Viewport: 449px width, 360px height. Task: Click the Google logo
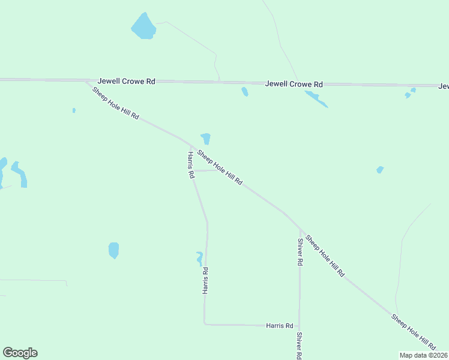pyautogui.click(x=20, y=353)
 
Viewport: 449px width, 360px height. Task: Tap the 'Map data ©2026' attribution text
pyautogui.click(x=423, y=355)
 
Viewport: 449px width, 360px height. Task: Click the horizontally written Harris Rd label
pyautogui.click(x=279, y=325)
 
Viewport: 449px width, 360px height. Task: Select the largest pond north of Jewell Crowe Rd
pyautogui.click(x=143, y=26)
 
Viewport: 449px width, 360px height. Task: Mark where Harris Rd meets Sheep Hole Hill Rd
pyautogui.click(x=191, y=146)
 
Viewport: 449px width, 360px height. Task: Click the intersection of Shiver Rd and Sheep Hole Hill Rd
pyautogui.click(x=300, y=229)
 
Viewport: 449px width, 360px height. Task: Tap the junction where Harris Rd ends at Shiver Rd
pyautogui.click(x=300, y=325)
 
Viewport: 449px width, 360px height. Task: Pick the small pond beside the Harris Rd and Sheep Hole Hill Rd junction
pyautogui.click(x=206, y=139)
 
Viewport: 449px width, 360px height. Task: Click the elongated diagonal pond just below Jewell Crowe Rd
pyautogui.click(x=316, y=99)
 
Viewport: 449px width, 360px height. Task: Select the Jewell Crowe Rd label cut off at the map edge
pyautogui.click(x=443, y=86)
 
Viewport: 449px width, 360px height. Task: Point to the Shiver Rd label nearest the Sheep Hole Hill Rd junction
pyautogui.click(x=300, y=252)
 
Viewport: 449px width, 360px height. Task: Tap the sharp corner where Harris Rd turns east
pyautogui.click(x=205, y=324)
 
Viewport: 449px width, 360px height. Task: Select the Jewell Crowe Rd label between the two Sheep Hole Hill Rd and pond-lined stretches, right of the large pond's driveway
pyautogui.click(x=294, y=84)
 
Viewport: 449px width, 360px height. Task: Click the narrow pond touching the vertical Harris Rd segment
pyautogui.click(x=199, y=258)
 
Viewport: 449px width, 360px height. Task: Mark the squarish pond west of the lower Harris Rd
pyautogui.click(x=113, y=250)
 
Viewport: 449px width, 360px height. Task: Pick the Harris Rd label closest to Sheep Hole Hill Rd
pyautogui.click(x=190, y=165)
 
